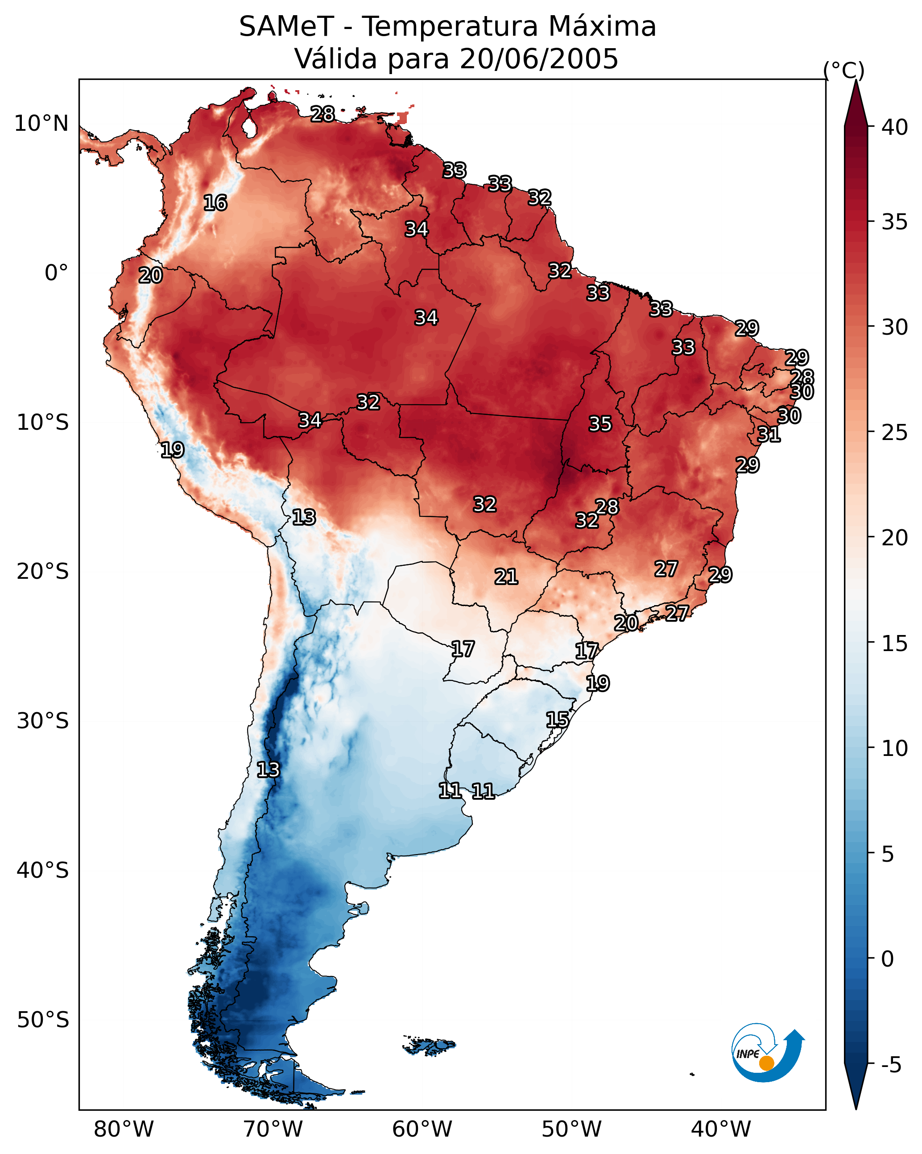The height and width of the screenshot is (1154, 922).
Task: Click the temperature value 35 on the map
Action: [x=600, y=424]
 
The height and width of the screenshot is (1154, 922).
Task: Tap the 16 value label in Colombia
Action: [x=215, y=203]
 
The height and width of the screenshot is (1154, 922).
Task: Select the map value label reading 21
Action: [x=506, y=577]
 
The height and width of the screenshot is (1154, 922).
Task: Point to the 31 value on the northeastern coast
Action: [x=769, y=434]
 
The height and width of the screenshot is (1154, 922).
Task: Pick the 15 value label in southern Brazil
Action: [x=557, y=719]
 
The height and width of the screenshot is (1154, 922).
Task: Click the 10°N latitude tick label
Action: [x=41, y=124]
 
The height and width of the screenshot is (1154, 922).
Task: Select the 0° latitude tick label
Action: [x=56, y=273]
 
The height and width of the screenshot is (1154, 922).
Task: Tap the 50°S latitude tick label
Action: [x=43, y=1020]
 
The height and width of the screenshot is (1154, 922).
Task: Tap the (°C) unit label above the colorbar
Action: [x=843, y=70]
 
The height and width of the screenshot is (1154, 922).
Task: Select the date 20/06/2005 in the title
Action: [x=539, y=59]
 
